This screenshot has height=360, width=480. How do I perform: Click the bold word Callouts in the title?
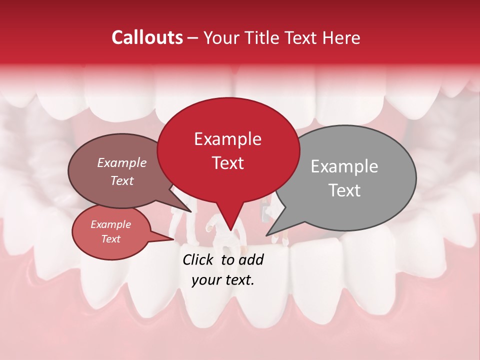(x=147, y=37)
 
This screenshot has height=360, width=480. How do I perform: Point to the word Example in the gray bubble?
(x=344, y=166)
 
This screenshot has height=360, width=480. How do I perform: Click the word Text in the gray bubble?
(x=344, y=190)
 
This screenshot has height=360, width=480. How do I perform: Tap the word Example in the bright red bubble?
(x=227, y=139)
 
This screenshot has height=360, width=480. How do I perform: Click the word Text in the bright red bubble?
(x=227, y=163)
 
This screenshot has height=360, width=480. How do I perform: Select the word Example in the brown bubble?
(x=121, y=163)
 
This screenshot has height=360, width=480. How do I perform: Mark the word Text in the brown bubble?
(x=121, y=181)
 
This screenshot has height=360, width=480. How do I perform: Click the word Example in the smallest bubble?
(x=110, y=224)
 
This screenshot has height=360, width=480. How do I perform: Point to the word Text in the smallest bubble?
(x=110, y=239)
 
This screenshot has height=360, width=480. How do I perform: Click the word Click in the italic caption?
(x=199, y=259)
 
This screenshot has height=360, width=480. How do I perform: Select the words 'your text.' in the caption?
(x=223, y=280)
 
